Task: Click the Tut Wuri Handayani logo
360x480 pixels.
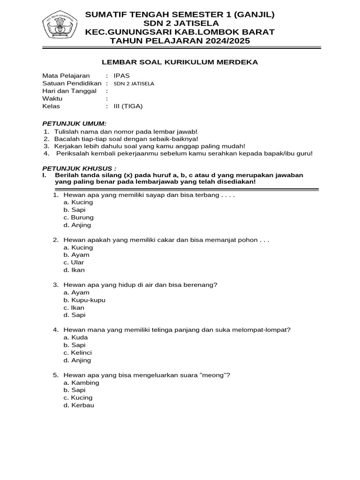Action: [60, 26]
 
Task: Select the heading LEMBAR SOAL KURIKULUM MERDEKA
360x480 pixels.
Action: [180, 62]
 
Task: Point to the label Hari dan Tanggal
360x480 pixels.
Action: [69, 91]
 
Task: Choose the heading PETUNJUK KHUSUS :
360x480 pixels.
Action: [79, 168]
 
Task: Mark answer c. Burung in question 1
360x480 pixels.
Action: [78, 217]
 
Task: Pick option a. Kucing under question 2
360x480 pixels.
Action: [78, 247]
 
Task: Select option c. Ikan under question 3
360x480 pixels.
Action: [74, 308]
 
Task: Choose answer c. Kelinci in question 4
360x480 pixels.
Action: [78, 352]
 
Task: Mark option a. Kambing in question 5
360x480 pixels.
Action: [81, 382]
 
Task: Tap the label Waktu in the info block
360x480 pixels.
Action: [52, 99]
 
